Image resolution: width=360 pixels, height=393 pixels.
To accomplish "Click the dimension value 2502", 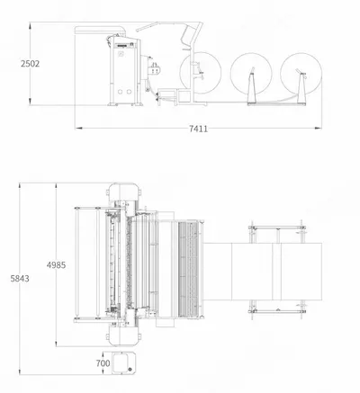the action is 30,64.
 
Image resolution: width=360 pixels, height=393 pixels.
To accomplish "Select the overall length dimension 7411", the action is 198,129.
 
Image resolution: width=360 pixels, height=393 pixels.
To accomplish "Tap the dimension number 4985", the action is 56,265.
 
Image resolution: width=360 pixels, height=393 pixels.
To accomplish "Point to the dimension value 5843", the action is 20,279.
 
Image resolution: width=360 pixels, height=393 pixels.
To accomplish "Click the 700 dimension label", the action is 103,363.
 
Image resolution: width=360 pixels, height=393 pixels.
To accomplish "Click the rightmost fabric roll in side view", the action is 301,73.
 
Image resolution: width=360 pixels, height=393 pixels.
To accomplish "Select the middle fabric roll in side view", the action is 251,73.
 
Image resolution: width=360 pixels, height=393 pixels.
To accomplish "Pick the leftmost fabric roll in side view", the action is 201,73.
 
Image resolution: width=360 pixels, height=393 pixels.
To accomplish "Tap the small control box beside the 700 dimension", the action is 122,363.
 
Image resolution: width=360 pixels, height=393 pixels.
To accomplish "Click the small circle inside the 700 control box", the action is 130,370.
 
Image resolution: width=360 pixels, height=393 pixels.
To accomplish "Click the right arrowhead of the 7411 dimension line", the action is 318,129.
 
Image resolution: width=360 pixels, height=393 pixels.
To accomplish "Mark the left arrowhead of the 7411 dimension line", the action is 78,129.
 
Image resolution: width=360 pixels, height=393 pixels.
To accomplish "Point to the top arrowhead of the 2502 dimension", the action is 30,25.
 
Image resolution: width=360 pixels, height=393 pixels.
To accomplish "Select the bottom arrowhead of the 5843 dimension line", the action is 20,371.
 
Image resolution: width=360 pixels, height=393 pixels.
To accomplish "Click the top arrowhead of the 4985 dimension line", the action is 56,186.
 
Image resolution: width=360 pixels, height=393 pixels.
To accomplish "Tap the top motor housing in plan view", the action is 123,192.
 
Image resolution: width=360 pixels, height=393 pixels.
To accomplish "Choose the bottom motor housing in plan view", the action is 123,335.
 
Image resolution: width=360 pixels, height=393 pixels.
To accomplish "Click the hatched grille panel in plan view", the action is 188,269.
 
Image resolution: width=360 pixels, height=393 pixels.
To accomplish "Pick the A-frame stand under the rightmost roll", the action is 301,87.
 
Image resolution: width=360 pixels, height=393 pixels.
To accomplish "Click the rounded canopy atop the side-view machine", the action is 101,30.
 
